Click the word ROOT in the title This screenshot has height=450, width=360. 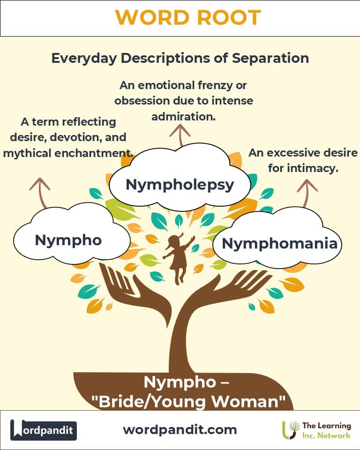click(224, 18)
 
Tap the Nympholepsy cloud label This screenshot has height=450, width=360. click(180, 184)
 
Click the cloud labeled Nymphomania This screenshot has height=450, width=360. click(279, 243)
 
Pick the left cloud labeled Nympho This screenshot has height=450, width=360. click(68, 240)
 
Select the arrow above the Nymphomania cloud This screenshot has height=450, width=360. click(307, 190)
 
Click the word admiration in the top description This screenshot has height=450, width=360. click(183, 116)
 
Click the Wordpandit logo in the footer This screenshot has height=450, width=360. click(44, 430)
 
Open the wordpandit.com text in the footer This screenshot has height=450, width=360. click(180, 429)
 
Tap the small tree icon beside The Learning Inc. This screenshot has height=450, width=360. click(292, 429)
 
